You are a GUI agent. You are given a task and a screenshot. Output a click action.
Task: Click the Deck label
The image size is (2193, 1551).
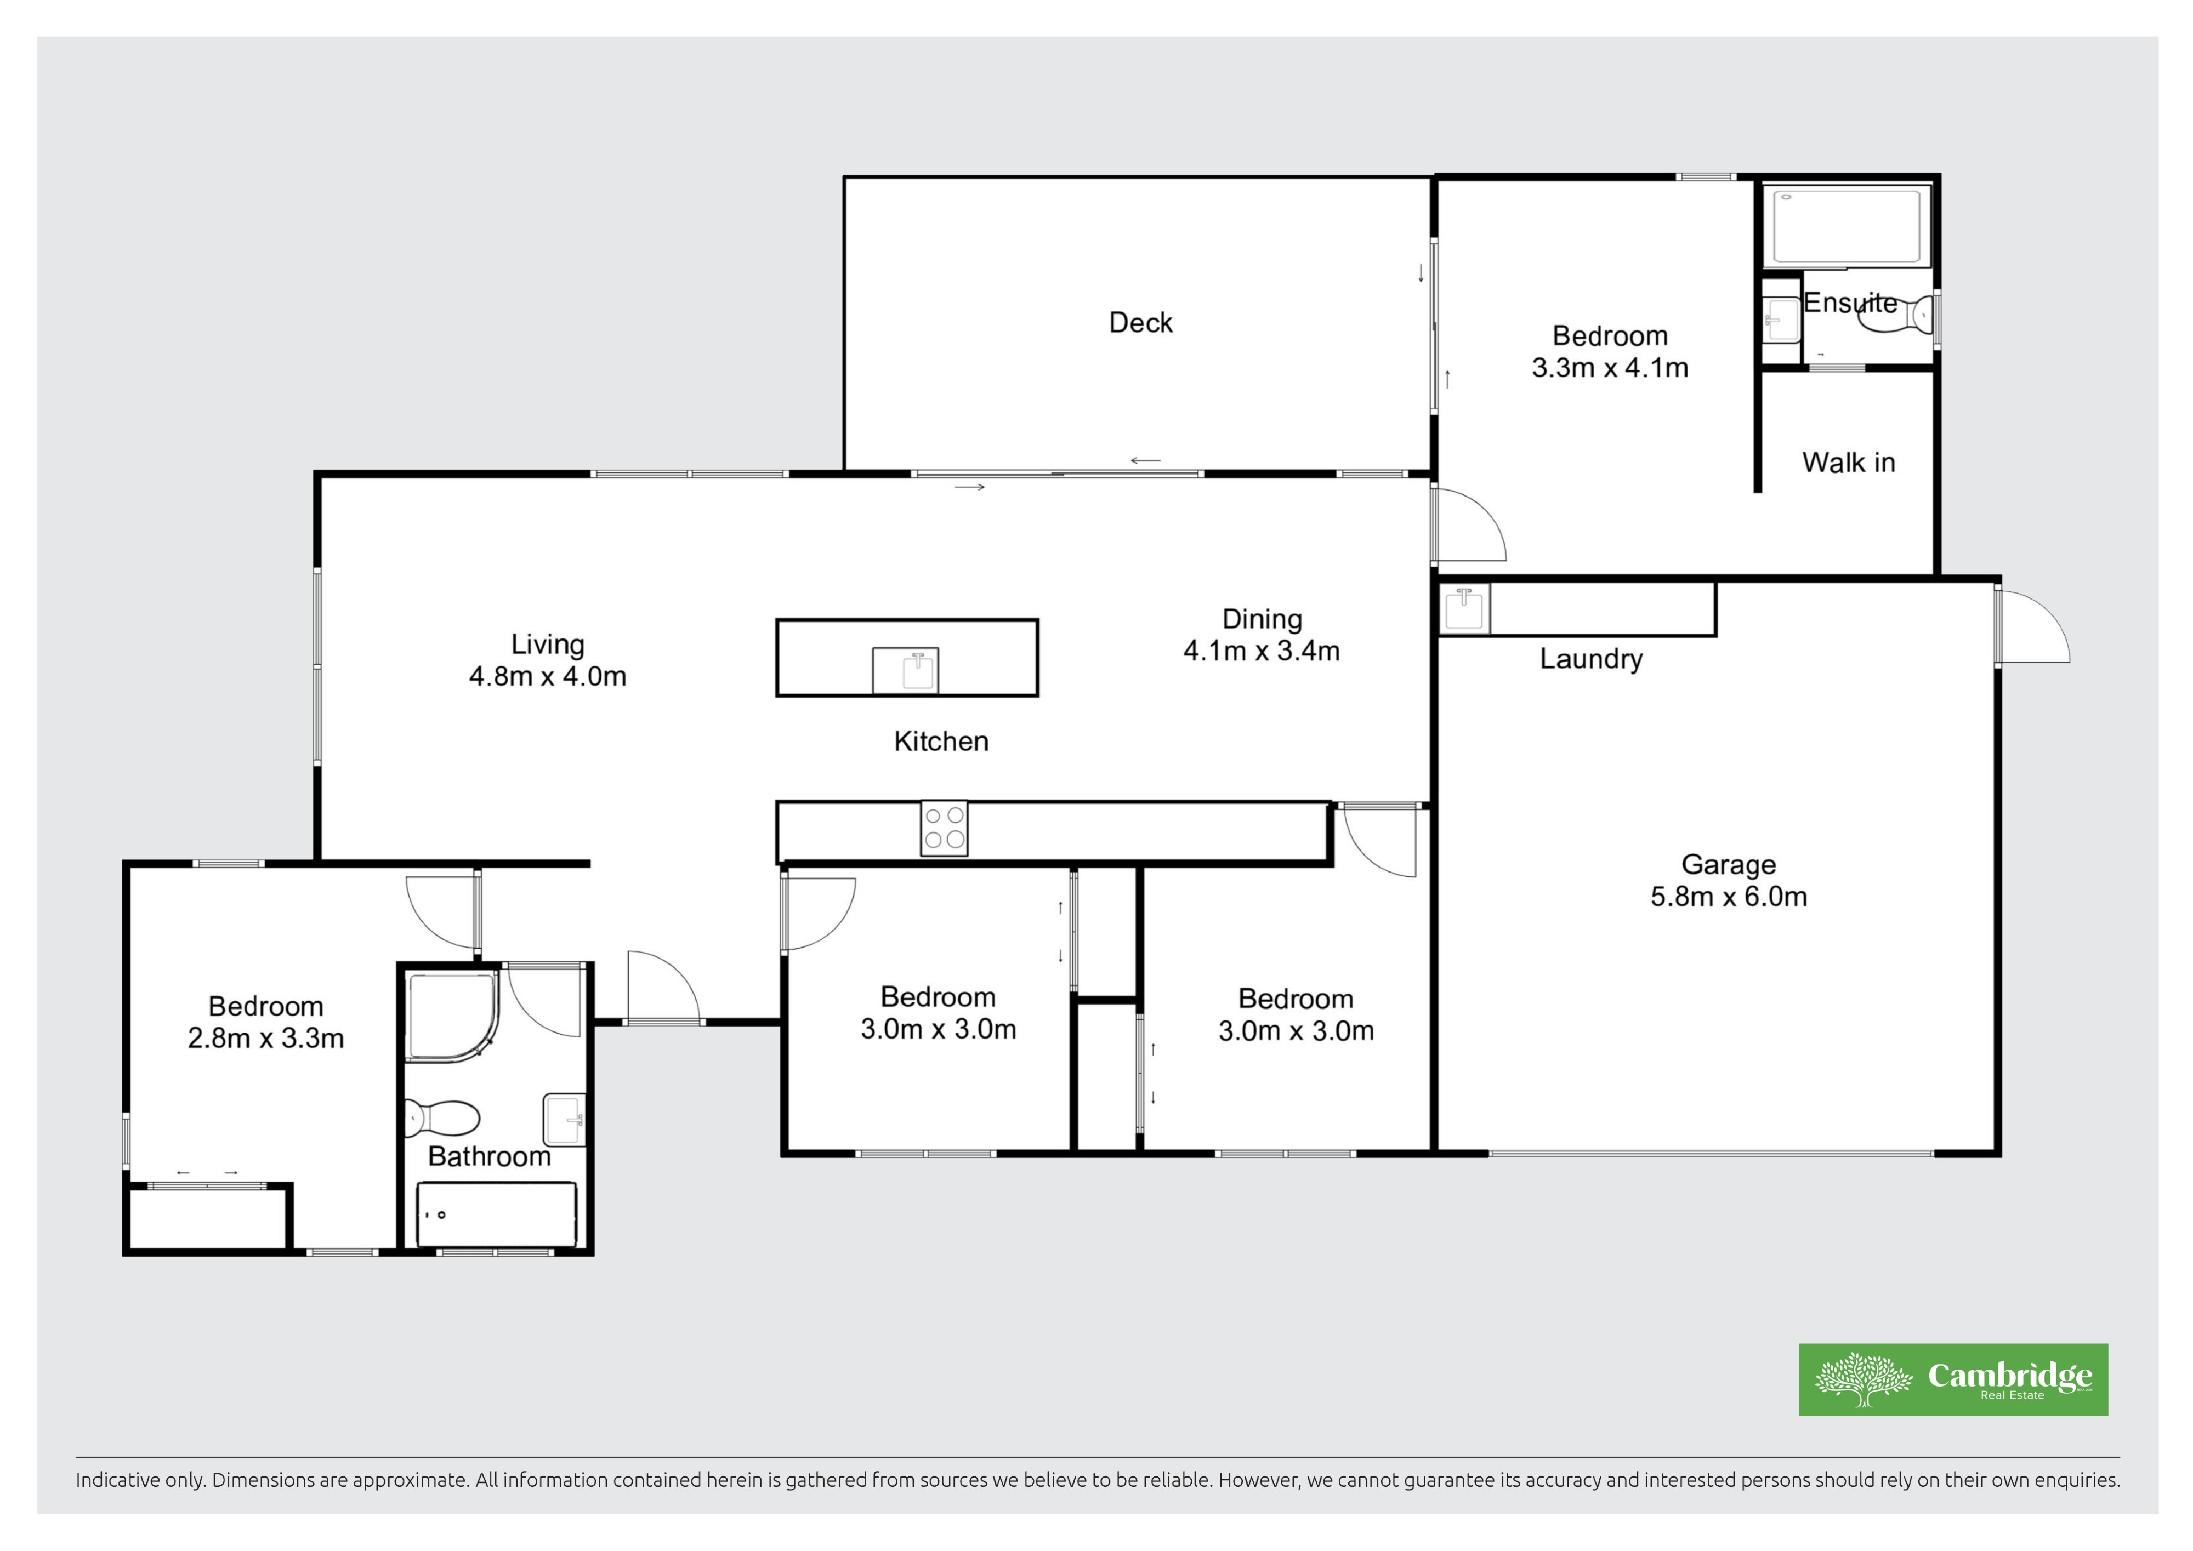click(x=1140, y=323)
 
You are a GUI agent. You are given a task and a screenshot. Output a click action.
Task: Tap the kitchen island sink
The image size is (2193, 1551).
click(x=906, y=670)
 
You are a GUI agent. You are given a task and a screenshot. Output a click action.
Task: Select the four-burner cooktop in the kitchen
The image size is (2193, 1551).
click(x=944, y=828)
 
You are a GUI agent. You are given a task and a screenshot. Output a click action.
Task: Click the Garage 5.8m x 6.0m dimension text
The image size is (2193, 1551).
click(x=1729, y=897)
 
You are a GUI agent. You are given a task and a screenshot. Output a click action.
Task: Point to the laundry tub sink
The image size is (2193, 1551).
click(x=1465, y=608)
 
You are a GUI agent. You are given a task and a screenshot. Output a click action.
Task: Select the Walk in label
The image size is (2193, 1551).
click(x=1848, y=462)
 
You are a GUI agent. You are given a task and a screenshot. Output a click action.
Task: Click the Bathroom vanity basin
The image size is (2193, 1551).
click(x=564, y=1119)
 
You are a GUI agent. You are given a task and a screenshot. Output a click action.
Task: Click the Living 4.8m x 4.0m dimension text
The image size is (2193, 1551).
click(x=547, y=676)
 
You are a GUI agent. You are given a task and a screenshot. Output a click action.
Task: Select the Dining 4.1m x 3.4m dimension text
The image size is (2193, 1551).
click(x=1262, y=651)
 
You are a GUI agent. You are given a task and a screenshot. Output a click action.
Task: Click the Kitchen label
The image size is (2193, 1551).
click(x=941, y=741)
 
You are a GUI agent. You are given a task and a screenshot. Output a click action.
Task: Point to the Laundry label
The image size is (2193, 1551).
click(x=1591, y=659)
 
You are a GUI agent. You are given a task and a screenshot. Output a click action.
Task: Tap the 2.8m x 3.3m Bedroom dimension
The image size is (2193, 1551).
click(x=265, y=1038)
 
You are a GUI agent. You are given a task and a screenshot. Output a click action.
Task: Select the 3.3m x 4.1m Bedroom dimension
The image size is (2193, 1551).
click(x=1610, y=368)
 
